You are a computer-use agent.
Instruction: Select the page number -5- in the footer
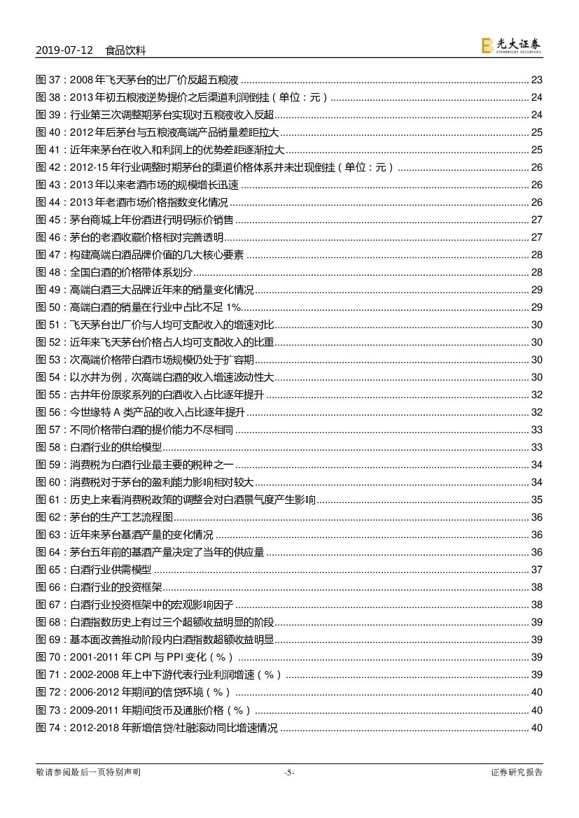289,773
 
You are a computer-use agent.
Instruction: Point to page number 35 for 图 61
537,500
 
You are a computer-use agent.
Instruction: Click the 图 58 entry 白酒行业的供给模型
116,447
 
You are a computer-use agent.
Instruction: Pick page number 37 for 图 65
537,570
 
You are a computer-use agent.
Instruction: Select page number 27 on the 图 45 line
537,220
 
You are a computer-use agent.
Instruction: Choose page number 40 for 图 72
537,693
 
